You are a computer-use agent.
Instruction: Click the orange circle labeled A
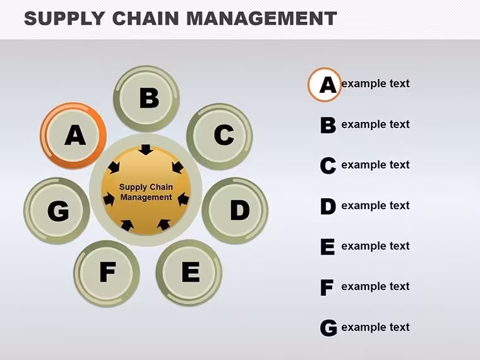(73, 135)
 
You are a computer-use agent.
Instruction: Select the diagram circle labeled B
(147, 99)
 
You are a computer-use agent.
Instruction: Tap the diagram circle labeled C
(220, 136)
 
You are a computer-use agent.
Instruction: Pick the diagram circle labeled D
(235, 210)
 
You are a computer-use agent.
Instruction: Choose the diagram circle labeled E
(189, 273)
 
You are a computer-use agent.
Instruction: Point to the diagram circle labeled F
(107, 273)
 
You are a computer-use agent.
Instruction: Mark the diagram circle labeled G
(57, 210)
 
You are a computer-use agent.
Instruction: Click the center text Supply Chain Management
(146, 192)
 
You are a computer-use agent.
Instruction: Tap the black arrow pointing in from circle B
(146, 150)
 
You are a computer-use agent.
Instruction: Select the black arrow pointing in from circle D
(183, 199)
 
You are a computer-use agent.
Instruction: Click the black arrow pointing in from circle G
(109, 199)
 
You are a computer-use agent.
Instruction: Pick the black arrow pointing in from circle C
(177, 167)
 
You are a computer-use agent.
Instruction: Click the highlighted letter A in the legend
(328, 85)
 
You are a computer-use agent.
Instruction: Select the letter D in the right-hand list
(328, 206)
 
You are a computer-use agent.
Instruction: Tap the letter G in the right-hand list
(328, 328)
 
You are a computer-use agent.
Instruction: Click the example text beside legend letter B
(375, 124)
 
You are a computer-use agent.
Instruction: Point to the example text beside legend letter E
(375, 246)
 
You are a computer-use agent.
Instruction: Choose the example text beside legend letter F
(375, 287)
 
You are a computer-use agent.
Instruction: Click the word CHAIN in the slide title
(145, 18)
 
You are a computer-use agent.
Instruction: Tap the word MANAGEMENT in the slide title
(261, 18)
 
